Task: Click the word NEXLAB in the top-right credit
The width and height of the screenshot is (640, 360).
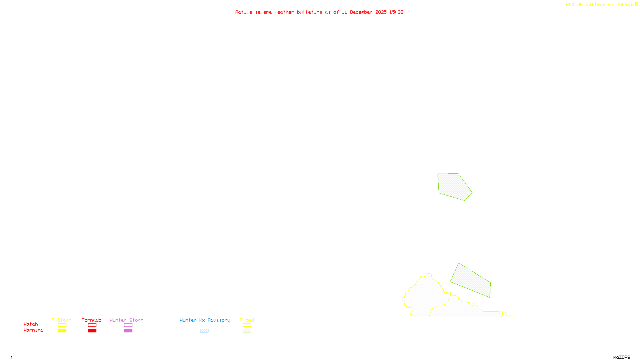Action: pos(574,5)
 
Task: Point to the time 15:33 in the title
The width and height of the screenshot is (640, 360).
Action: pos(396,12)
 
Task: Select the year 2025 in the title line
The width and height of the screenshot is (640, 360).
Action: pos(381,12)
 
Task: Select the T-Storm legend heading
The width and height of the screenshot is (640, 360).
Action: pos(62,320)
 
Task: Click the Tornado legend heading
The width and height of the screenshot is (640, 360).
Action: pos(92,320)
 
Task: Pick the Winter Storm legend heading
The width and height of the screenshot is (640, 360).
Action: pos(126,320)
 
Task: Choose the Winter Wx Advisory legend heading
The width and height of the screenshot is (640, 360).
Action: pos(205,320)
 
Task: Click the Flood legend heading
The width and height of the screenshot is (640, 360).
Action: pos(247,320)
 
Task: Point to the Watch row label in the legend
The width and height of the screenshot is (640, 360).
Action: pos(31,324)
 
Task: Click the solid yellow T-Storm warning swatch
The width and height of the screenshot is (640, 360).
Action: pos(62,331)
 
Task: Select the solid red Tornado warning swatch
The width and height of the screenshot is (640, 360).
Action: pos(92,331)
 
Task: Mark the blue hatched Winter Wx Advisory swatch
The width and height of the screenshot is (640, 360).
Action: pos(204,331)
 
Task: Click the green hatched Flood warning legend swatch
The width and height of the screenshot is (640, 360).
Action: pos(247,331)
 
